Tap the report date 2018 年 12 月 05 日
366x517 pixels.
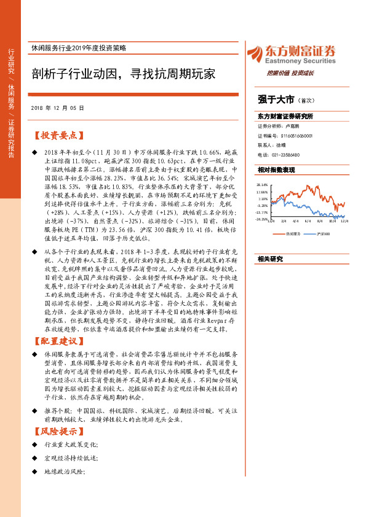point(57,107)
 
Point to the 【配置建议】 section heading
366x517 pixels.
point(59,340)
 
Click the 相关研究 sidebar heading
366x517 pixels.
point(270,259)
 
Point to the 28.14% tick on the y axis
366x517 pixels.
point(263,184)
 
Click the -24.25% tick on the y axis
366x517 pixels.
point(262,219)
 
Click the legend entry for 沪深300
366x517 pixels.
point(324,234)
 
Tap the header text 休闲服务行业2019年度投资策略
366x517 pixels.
point(86,48)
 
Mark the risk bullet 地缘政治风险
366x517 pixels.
point(64,489)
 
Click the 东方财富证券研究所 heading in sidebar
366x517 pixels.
point(285,116)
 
